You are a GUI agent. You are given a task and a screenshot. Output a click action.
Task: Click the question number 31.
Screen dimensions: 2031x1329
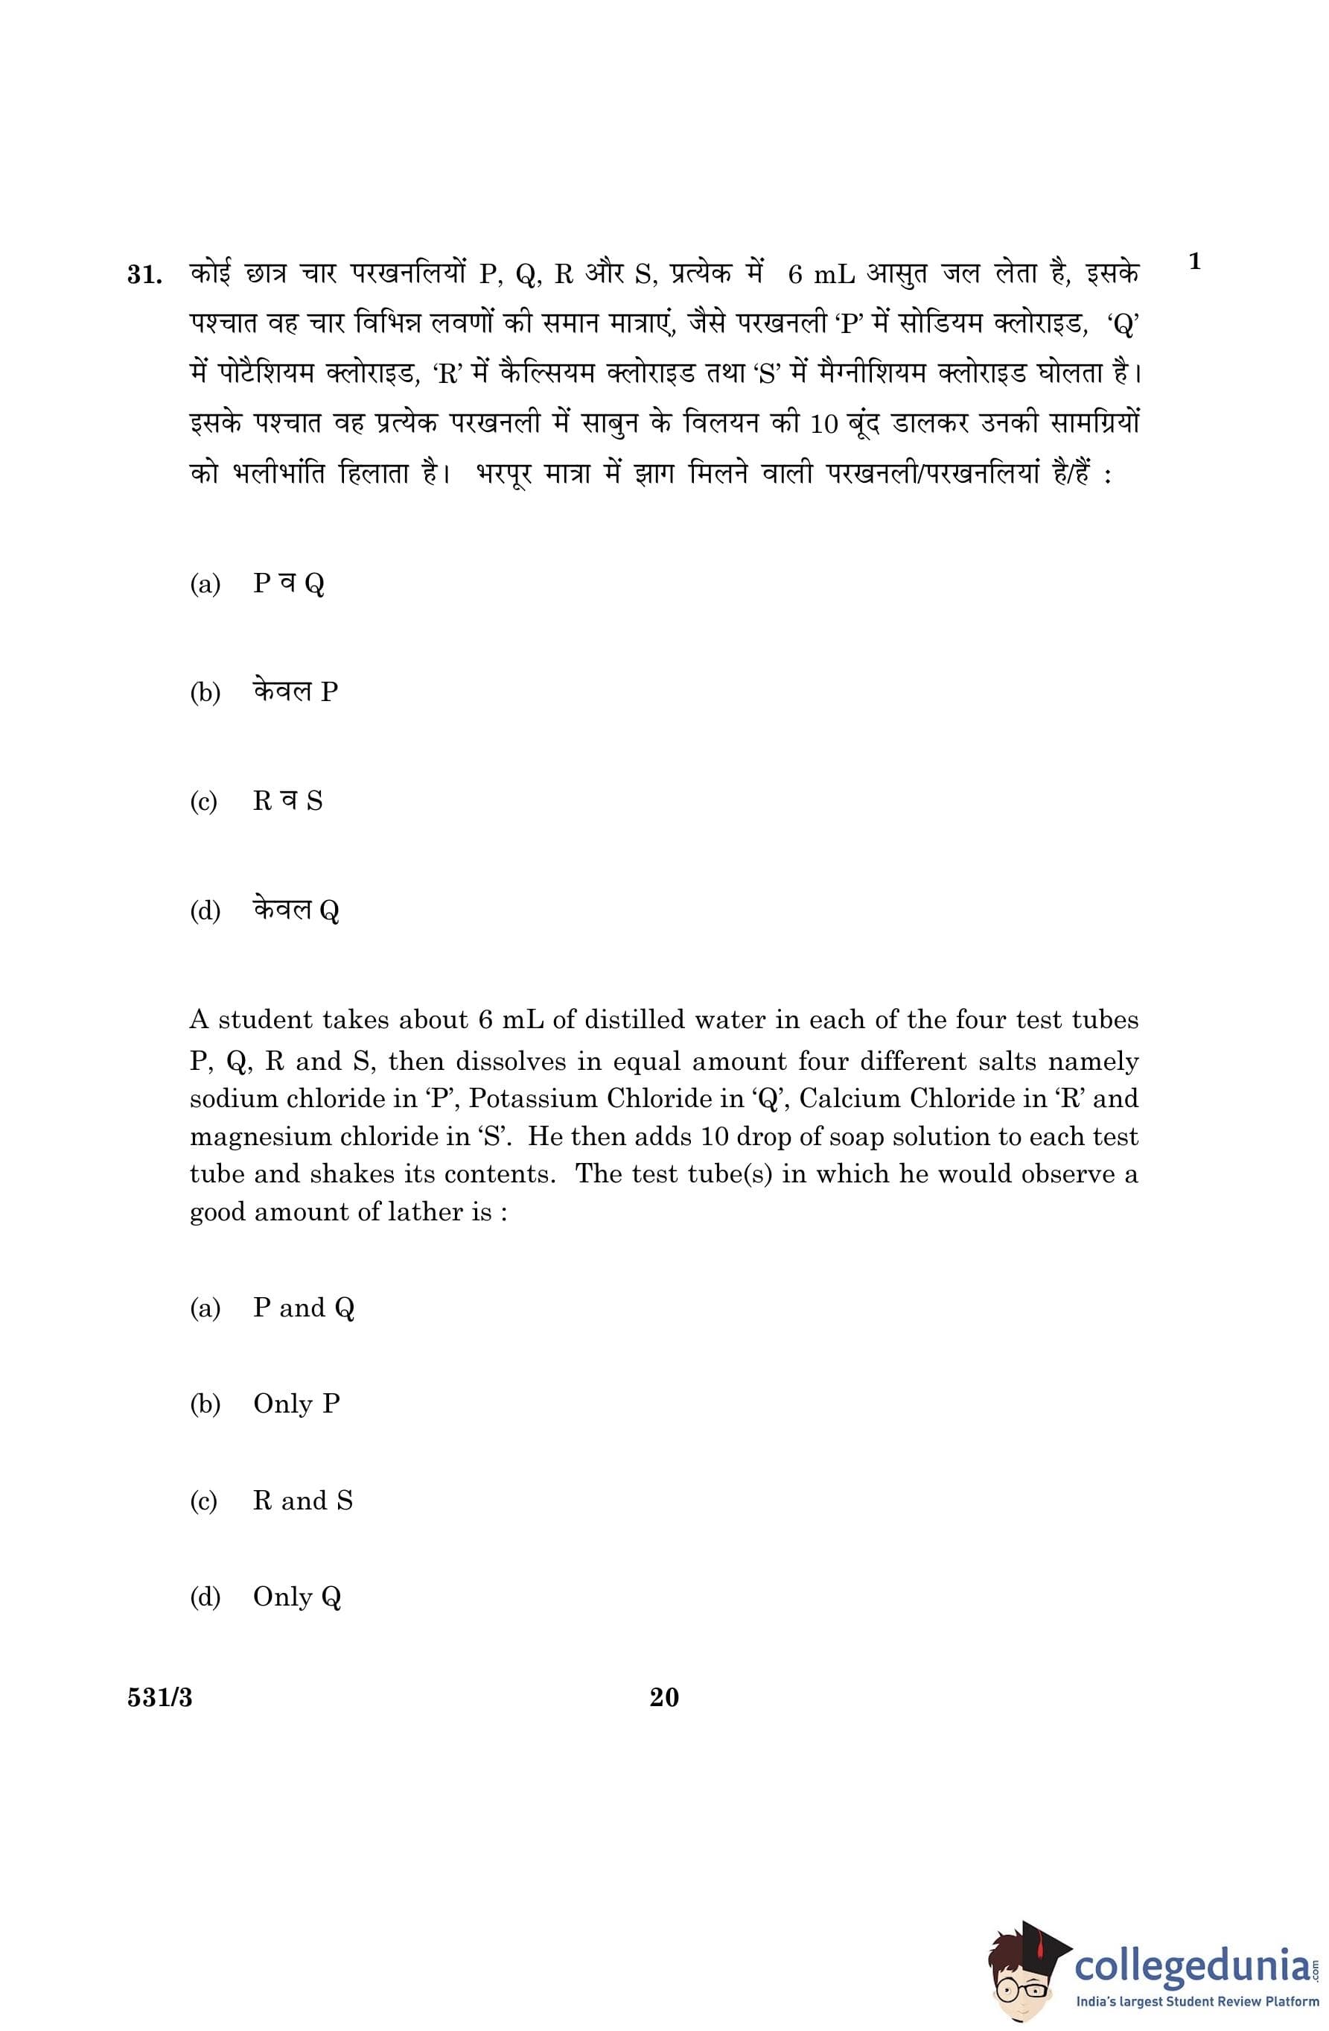coord(143,276)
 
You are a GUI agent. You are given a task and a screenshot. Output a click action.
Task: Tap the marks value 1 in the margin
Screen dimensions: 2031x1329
coord(1194,261)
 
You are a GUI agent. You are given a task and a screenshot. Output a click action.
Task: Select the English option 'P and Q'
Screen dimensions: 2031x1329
coord(303,1308)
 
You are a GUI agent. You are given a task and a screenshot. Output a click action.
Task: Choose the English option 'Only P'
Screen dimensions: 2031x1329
coord(296,1404)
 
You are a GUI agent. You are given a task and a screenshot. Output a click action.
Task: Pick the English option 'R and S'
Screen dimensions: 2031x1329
coord(302,1501)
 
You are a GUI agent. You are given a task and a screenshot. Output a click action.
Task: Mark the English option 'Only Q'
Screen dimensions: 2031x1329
coord(297,1597)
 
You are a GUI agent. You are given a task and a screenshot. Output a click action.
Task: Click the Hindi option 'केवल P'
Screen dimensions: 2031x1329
coord(295,691)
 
